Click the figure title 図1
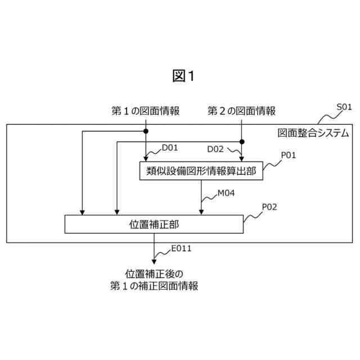point(183,76)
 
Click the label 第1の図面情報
point(146,111)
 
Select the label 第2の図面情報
point(242,111)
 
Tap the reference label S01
point(344,106)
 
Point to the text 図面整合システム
point(313,133)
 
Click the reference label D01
point(169,148)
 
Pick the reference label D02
point(215,149)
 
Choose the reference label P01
point(288,155)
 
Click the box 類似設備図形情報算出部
point(201,171)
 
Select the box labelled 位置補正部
point(154,224)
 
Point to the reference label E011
point(182,248)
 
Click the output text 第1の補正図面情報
point(154,286)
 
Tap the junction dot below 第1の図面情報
point(146,131)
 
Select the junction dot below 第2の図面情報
point(242,142)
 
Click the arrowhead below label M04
point(201,212)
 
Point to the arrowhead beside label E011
point(154,260)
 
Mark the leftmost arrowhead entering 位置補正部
point(82,212)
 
